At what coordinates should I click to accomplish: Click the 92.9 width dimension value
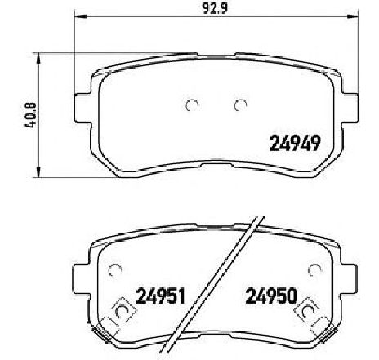[x=215, y=9]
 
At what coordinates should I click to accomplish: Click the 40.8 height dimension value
[x=30, y=115]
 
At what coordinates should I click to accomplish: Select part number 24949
[x=294, y=144]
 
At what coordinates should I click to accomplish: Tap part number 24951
[x=161, y=296]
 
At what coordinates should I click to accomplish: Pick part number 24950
[x=271, y=296]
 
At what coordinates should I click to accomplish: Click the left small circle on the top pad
[x=192, y=105]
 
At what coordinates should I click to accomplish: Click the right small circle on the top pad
[x=241, y=105]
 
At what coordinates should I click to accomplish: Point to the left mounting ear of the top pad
[x=82, y=108]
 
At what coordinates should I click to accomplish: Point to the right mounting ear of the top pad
[x=350, y=108]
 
